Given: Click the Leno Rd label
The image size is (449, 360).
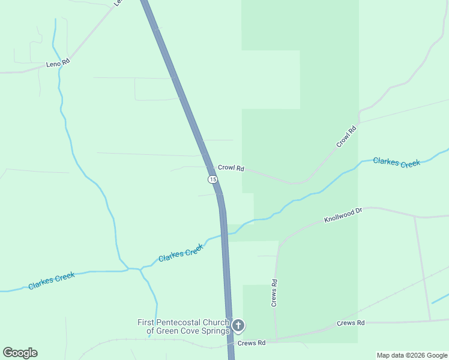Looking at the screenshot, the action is tap(58, 62).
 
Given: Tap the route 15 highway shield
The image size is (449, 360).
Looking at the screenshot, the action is tap(212, 179).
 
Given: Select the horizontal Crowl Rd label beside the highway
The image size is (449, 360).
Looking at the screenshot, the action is tap(231, 169).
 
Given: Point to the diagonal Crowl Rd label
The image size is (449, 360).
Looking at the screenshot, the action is tap(346, 136).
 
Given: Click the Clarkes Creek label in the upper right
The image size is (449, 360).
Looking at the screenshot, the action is tap(396, 162).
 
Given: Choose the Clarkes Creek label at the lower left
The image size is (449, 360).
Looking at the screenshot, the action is tap(51, 280).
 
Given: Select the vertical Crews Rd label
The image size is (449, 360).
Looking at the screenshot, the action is tap(274, 293).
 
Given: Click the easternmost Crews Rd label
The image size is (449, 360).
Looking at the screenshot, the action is tap(351, 323).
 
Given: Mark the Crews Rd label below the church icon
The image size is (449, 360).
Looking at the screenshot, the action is tap(251, 343).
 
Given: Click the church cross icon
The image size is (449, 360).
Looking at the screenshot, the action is tap(238, 326).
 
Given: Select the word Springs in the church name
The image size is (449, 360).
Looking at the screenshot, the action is tap(215, 331).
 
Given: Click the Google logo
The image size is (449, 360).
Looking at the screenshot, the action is tap(20, 353).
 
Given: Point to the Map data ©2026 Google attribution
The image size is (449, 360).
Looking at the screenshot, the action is tap(412, 355).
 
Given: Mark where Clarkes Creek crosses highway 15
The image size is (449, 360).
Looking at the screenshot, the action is tap(224, 233).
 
